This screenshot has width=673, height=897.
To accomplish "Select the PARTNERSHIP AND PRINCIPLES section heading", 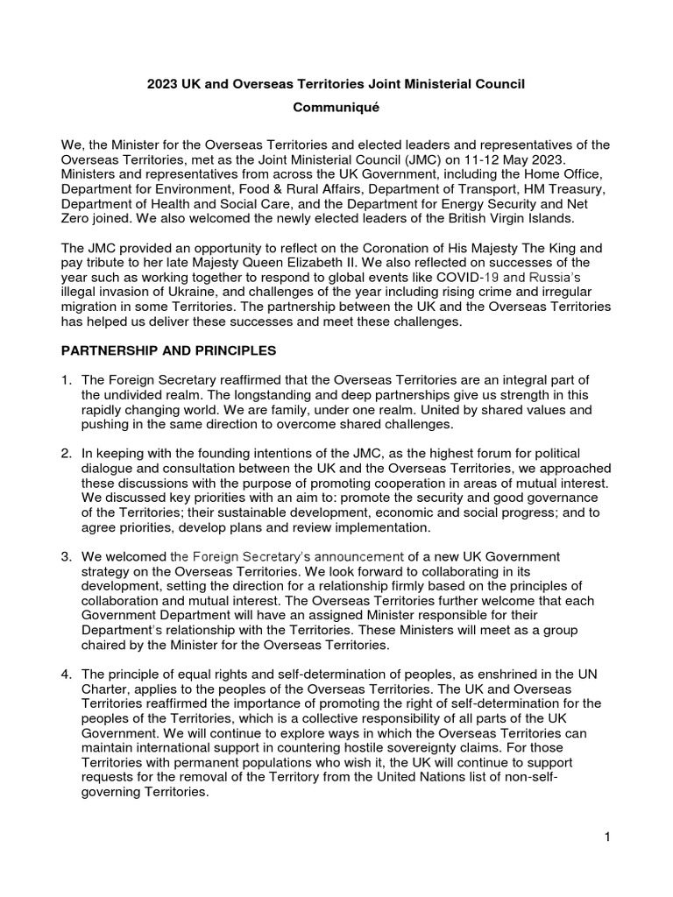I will pyautogui.click(x=167, y=350).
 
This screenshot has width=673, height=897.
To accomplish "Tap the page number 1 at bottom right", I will pyautogui.click(x=606, y=837).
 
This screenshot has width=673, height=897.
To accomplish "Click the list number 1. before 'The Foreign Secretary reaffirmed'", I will pyautogui.click(x=66, y=378).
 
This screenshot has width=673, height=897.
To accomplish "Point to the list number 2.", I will pyautogui.click(x=66, y=454).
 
